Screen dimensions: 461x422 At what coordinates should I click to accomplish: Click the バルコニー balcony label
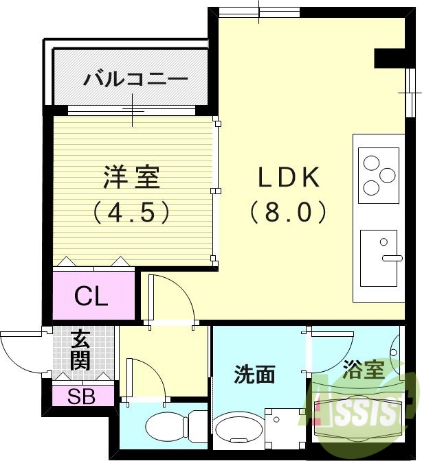pos(135,79)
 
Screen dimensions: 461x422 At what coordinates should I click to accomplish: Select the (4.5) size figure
pos(131,213)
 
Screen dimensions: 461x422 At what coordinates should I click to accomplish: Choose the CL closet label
pos(91,297)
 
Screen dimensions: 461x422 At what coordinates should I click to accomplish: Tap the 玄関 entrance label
pos(80,349)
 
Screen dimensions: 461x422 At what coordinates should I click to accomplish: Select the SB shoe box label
pos(81,396)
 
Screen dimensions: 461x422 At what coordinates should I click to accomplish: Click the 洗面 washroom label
pos(255,374)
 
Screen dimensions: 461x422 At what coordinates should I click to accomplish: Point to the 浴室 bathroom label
pos(364,370)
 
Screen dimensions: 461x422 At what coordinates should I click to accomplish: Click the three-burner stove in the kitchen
pos(379,176)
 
